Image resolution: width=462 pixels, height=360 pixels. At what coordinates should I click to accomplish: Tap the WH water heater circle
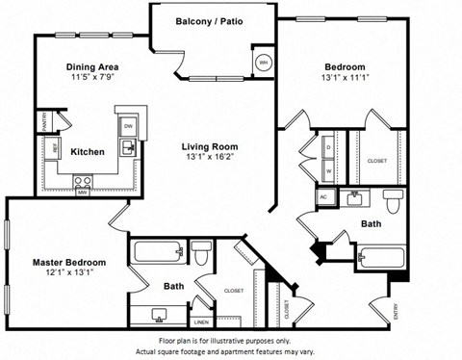tap(264, 64)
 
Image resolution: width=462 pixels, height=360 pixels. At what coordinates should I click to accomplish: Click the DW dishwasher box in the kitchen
tap(128, 127)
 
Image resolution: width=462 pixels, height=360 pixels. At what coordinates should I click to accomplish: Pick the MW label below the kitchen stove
tap(83, 191)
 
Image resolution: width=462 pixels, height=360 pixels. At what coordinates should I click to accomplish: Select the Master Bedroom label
tap(68, 261)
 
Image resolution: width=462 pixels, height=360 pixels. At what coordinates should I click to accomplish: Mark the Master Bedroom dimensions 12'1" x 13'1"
tap(68, 272)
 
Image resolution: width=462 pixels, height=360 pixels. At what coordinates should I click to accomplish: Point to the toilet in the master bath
tap(201, 255)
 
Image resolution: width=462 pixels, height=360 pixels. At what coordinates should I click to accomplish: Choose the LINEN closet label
tap(201, 322)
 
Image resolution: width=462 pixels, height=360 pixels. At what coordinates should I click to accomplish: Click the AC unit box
tap(322, 196)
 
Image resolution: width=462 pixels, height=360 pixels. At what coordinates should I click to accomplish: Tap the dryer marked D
tap(327, 147)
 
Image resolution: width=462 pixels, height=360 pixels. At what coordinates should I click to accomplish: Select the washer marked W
tap(327, 171)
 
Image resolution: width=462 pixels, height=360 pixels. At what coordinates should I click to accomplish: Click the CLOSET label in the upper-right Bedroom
tap(377, 161)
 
